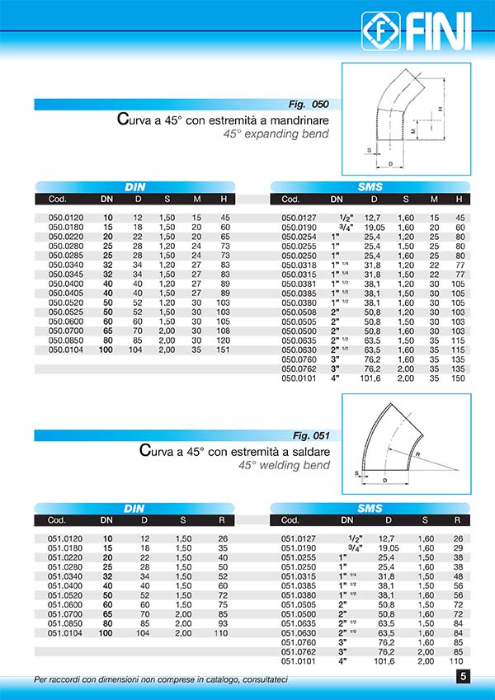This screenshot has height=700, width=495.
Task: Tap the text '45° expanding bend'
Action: point(281,134)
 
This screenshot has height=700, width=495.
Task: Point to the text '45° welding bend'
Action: point(284,465)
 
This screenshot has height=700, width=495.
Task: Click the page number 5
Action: point(463,678)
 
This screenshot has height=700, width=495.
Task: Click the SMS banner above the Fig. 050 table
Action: point(370,187)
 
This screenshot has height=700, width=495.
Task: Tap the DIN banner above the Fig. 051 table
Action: point(134,509)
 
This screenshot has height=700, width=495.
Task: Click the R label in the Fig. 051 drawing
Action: point(418,454)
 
